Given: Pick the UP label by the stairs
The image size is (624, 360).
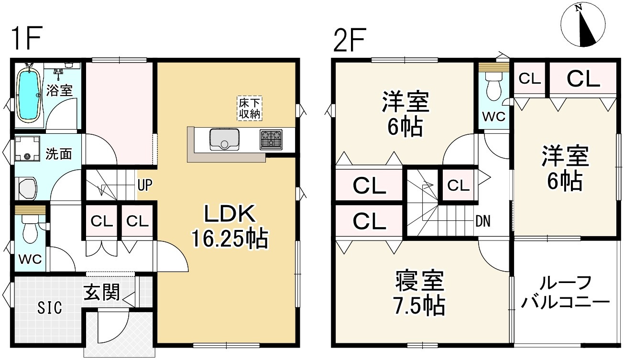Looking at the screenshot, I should coord(145,185).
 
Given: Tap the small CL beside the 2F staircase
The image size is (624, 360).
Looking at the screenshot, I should coord(458,185).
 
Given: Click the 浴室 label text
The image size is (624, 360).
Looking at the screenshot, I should coord(60,90).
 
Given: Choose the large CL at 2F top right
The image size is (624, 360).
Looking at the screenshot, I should coord(583,79).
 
